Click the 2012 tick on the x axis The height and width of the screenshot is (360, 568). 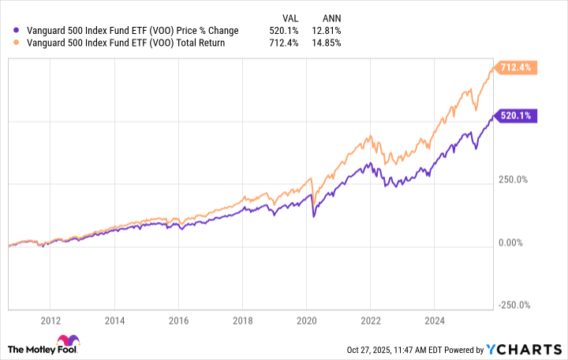[x=50, y=321]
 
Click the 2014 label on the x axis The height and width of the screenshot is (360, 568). [x=115, y=321]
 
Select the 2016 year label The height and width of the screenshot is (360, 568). [x=179, y=321]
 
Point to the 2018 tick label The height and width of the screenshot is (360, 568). [x=242, y=321]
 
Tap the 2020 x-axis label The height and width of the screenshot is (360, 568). [x=306, y=321]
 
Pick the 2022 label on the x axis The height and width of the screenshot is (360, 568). [x=370, y=321]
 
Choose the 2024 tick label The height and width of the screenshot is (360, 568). [x=434, y=321]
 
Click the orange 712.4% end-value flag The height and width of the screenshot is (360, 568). [x=515, y=68]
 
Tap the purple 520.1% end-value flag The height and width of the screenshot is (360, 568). [x=515, y=116]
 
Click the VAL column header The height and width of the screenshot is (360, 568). [x=291, y=17]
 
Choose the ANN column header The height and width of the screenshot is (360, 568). [x=331, y=17]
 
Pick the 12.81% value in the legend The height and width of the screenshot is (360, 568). [x=327, y=31]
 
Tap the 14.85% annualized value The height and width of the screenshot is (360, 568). [x=327, y=43]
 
